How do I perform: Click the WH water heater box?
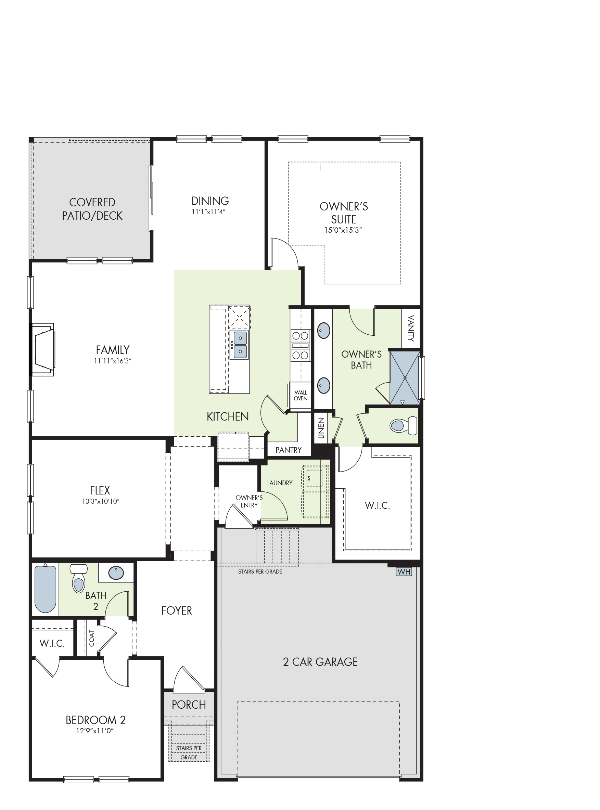[x=404, y=572]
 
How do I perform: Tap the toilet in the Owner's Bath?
[x=404, y=425]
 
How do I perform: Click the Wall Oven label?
[x=301, y=395]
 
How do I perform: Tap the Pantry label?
[x=289, y=450]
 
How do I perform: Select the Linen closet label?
[x=321, y=428]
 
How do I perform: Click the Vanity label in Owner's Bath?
[x=411, y=328]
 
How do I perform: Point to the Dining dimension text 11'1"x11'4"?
[x=209, y=212]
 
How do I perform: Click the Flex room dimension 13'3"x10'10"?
[x=101, y=501]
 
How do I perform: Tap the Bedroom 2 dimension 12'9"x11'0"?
[x=95, y=731]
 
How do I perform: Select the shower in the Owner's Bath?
[x=405, y=377]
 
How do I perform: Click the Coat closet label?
[x=91, y=638]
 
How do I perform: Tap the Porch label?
[x=189, y=705]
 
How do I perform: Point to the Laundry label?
[x=280, y=483]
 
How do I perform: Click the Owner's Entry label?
[x=249, y=501]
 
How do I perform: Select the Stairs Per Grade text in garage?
[x=260, y=571]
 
